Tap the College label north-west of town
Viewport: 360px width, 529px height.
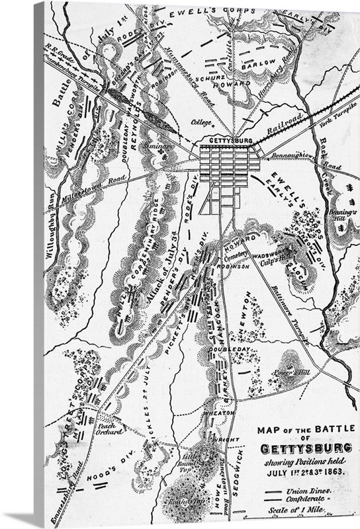[x=201, y=122]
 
